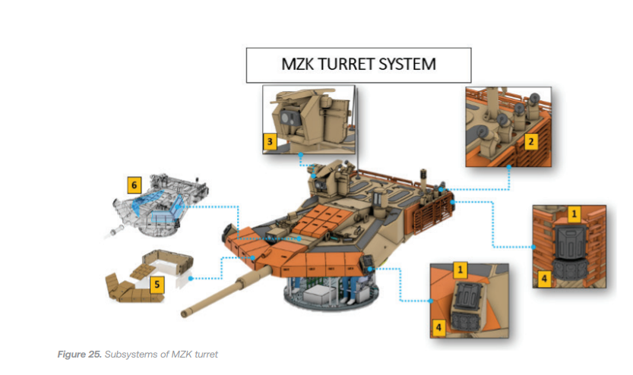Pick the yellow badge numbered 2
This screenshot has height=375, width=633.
532,140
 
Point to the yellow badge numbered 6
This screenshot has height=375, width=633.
134,184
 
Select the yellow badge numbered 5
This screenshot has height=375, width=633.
157,285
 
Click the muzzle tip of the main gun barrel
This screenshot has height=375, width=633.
185,312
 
